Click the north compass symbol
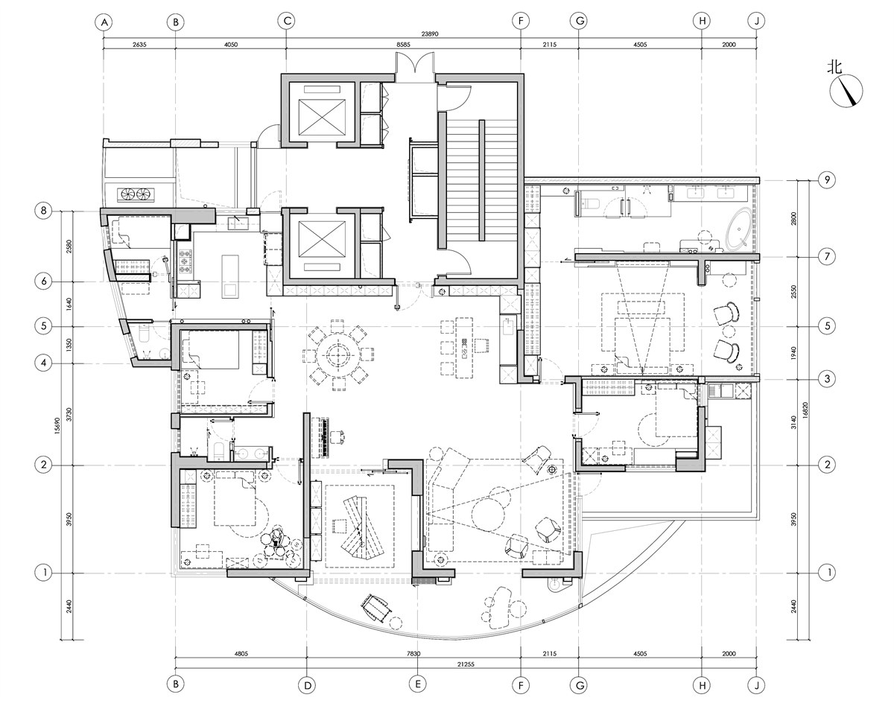[x=846, y=92]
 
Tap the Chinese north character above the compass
[x=834, y=67]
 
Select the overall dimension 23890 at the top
[x=430, y=34]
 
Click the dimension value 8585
[x=403, y=45]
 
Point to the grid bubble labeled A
[x=104, y=22]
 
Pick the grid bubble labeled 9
[x=827, y=179]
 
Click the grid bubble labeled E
[x=417, y=684]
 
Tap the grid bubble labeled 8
[x=43, y=211]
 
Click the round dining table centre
[x=337, y=355]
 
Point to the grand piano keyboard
[x=325, y=438]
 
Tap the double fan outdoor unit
[x=136, y=194]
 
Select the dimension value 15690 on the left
[x=57, y=426]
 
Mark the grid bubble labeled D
[x=308, y=686]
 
